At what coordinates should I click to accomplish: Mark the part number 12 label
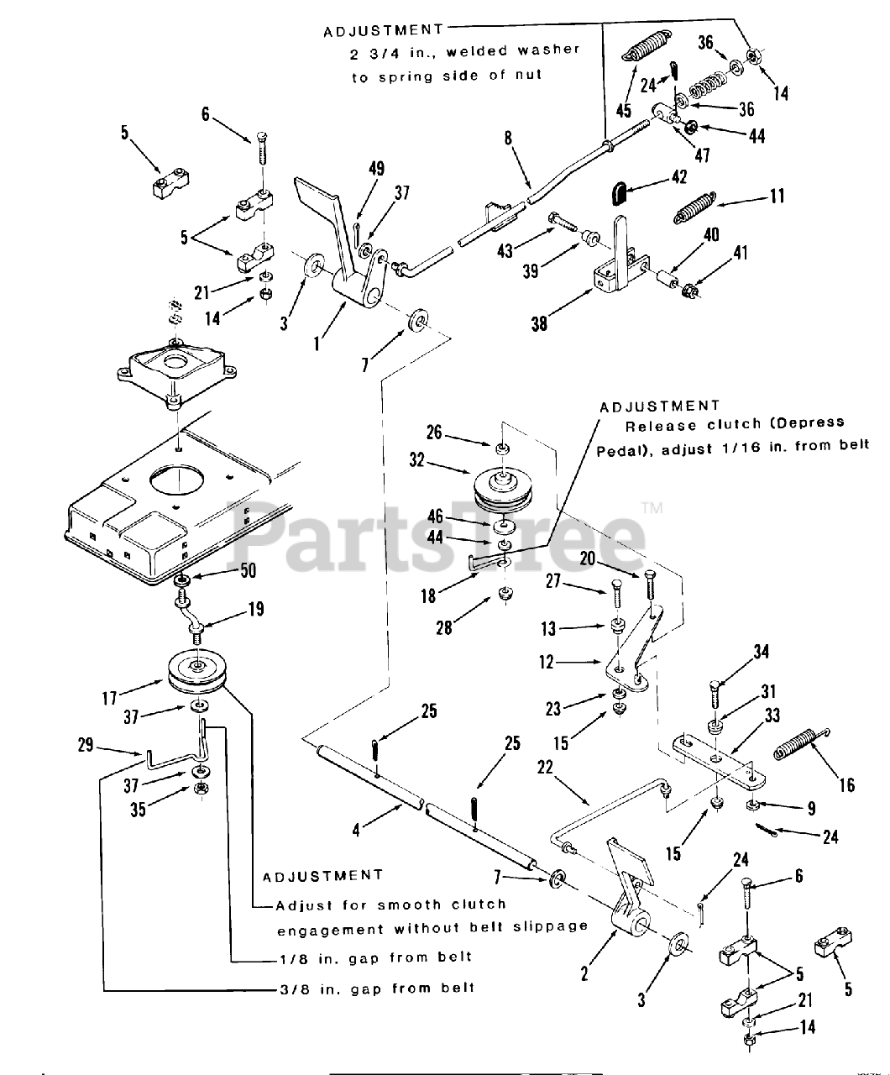(x=547, y=663)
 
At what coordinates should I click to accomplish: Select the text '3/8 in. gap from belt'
(x=376, y=988)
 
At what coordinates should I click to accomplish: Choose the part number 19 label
(x=255, y=609)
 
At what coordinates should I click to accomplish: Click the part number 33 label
(x=772, y=715)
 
